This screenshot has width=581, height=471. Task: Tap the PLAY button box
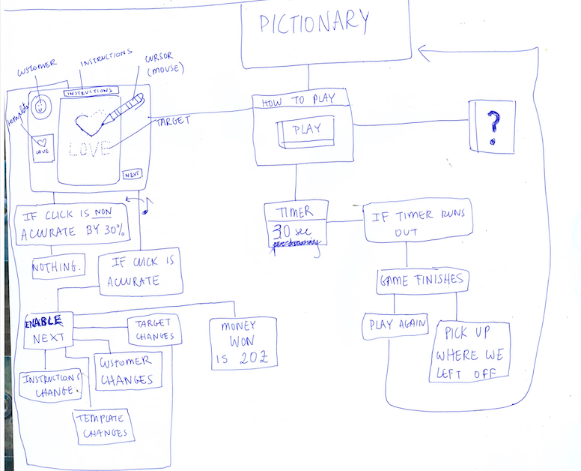pyautogui.click(x=307, y=130)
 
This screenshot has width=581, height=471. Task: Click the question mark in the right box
pyautogui.click(x=492, y=127)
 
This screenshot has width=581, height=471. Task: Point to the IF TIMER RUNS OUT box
pyautogui.click(x=418, y=221)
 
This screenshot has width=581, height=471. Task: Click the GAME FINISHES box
pyautogui.click(x=422, y=281)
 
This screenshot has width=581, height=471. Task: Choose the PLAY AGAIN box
pyautogui.click(x=395, y=325)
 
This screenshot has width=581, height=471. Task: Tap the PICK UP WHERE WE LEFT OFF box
pyautogui.click(x=470, y=352)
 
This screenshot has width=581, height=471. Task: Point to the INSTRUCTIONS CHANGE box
pyautogui.click(x=49, y=383)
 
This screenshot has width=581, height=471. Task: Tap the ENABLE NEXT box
pyautogui.click(x=49, y=331)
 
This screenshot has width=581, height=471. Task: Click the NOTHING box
pyautogui.click(x=58, y=265)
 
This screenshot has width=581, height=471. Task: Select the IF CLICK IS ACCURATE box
pyautogui.click(x=142, y=271)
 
